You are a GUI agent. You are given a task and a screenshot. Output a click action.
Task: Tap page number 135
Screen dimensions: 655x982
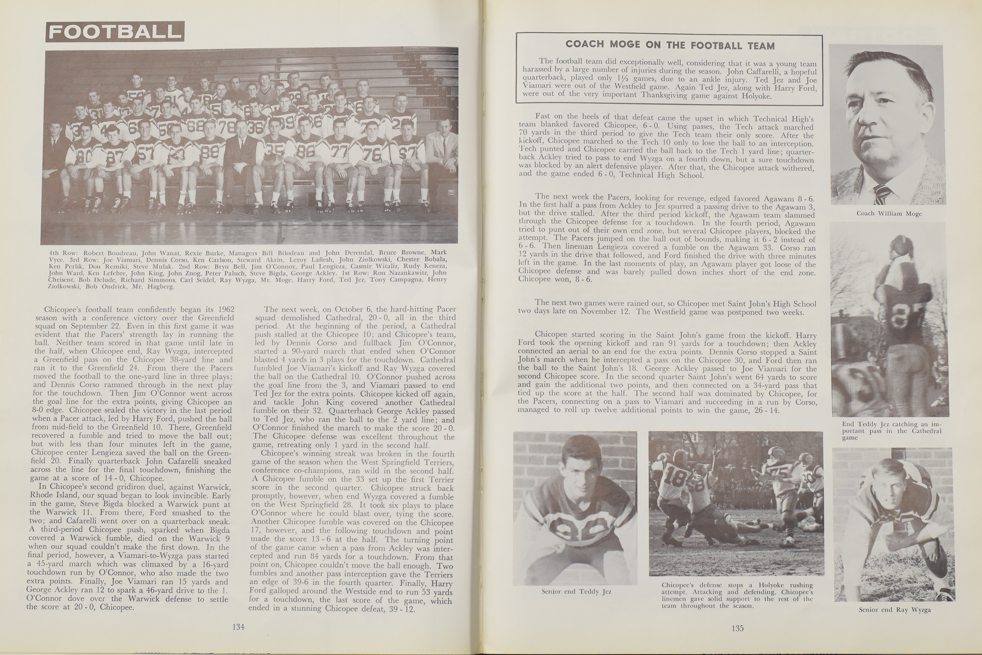point(737,628)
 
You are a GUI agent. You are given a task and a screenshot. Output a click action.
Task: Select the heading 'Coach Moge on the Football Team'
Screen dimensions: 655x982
point(670,45)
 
